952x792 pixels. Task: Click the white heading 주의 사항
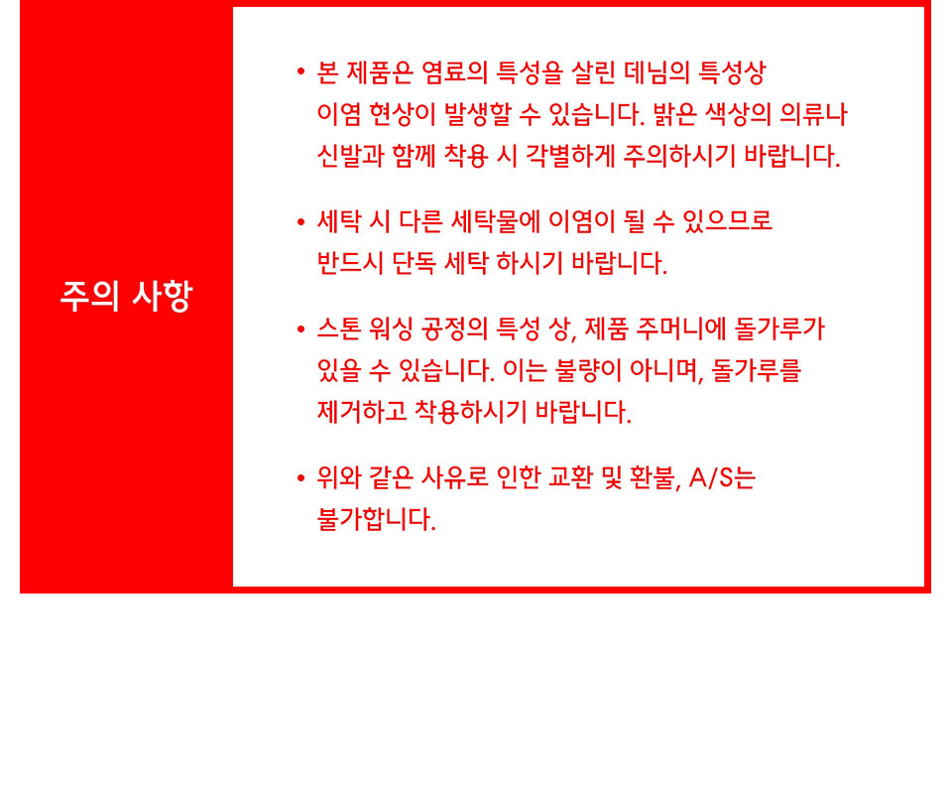coord(126,296)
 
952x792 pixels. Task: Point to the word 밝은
coord(674,114)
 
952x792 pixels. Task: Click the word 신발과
coord(351,156)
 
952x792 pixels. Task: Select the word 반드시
coord(351,263)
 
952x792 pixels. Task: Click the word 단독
coord(415,263)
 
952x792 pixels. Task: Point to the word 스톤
coord(339,329)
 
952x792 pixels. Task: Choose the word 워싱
coord(391,329)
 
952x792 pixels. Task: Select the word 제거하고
coord(363,412)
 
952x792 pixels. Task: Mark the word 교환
coord(570,477)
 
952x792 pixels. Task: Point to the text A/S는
coord(723,477)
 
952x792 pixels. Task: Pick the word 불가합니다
coord(377,519)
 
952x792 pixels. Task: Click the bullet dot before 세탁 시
coord(301,222)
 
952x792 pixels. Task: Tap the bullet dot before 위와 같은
coord(301,478)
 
